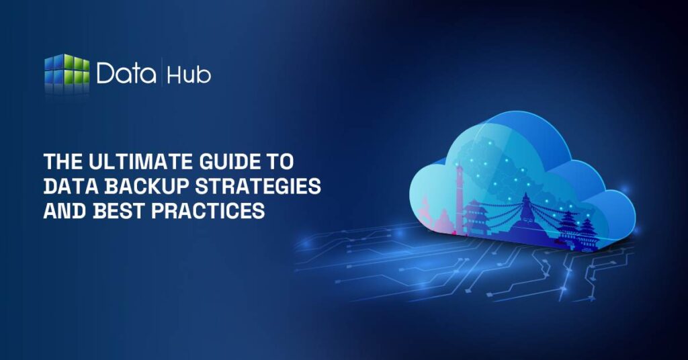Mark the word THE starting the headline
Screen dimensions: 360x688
[58, 162]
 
